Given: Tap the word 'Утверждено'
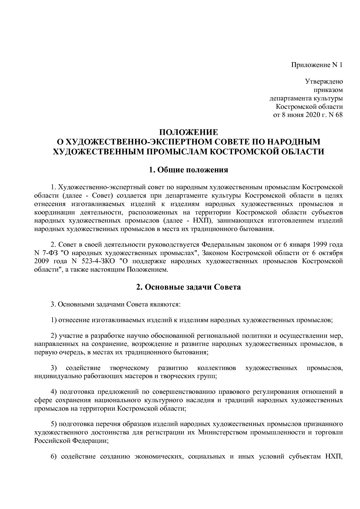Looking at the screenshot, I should (324, 82).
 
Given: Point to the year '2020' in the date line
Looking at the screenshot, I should (312, 115).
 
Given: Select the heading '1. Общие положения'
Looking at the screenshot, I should (188, 170).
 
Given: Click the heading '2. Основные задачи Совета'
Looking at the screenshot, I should (188, 287).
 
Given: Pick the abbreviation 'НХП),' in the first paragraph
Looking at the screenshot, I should (203, 221).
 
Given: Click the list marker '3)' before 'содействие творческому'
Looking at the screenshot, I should (54, 368).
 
